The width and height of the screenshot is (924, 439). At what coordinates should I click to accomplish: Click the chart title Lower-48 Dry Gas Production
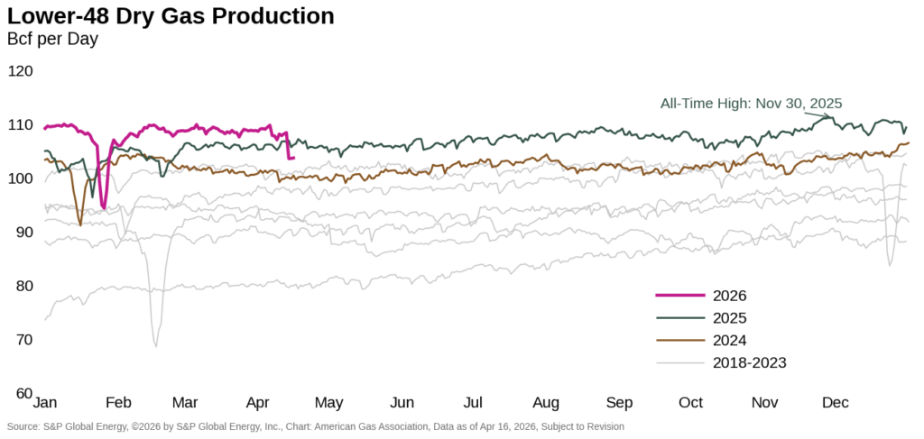(171, 16)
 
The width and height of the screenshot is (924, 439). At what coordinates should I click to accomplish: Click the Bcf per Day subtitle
(52, 39)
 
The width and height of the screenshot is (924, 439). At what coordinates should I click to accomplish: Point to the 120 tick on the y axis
(20, 71)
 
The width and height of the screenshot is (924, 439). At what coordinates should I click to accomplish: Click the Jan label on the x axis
(46, 402)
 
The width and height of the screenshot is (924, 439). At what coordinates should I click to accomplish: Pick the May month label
(328, 402)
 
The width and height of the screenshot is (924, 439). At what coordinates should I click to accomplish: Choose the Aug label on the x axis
(546, 402)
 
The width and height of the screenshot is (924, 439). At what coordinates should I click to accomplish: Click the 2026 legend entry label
(730, 296)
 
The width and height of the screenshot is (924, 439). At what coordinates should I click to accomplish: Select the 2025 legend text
(730, 318)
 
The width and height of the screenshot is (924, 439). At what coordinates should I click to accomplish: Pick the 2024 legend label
(730, 341)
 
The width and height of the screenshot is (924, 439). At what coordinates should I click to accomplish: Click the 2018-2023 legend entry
(750, 363)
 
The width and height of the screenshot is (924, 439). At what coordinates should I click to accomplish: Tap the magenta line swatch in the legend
(679, 296)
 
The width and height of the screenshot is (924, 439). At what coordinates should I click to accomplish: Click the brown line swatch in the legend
(679, 341)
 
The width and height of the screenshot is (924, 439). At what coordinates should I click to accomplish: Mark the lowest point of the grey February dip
(156, 346)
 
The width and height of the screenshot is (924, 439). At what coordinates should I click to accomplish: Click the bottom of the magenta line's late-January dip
(104, 207)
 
